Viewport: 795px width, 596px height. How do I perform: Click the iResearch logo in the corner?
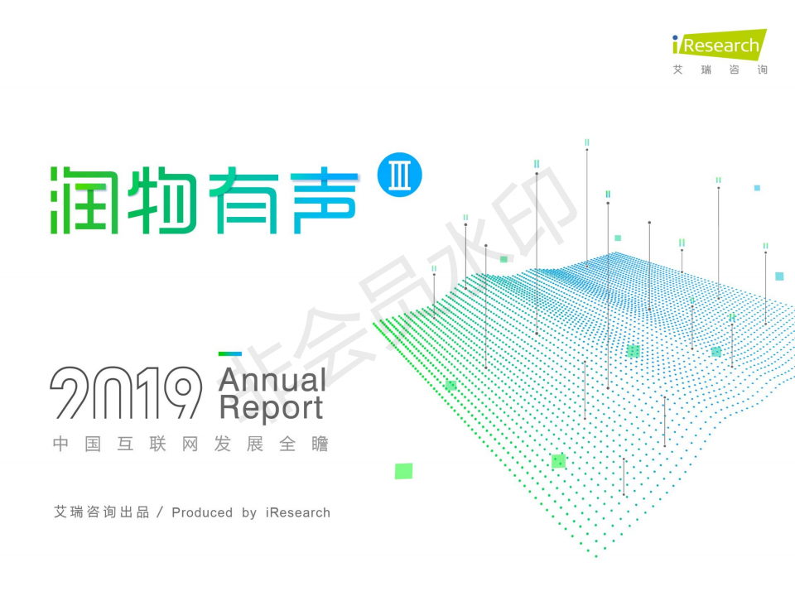coord(719,45)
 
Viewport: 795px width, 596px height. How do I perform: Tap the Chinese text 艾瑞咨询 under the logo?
coord(720,70)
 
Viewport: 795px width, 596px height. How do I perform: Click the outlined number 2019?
coord(125,392)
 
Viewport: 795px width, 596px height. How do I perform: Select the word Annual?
coord(272,380)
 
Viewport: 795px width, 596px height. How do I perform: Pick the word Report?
coord(271,408)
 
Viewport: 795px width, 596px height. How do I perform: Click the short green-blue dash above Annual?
coord(229,355)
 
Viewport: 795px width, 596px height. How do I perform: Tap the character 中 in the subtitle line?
coord(60,445)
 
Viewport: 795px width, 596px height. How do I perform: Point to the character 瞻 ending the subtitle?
coord(320,445)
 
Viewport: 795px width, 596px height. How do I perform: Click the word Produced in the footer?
coord(202,512)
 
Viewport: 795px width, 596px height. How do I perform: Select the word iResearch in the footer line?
coord(298,512)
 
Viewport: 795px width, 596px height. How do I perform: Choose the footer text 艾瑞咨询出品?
coord(101,512)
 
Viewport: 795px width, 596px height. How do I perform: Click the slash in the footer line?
coord(161,512)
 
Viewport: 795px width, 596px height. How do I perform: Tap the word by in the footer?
coord(249,513)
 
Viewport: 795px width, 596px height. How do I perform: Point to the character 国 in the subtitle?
coord(93,445)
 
